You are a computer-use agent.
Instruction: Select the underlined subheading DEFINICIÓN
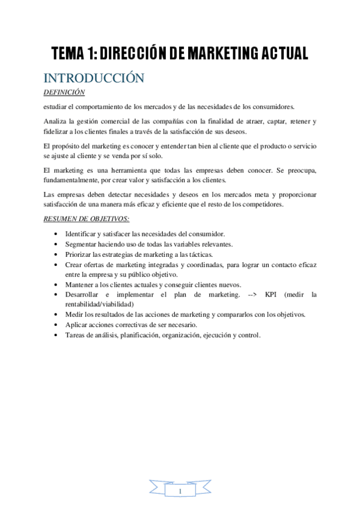point(65,92)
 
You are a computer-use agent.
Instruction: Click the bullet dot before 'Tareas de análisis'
point(56,336)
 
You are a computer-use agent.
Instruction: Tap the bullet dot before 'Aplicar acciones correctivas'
point(56,325)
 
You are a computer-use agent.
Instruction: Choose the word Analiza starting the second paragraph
point(57,121)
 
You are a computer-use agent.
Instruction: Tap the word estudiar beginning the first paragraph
point(58,106)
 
